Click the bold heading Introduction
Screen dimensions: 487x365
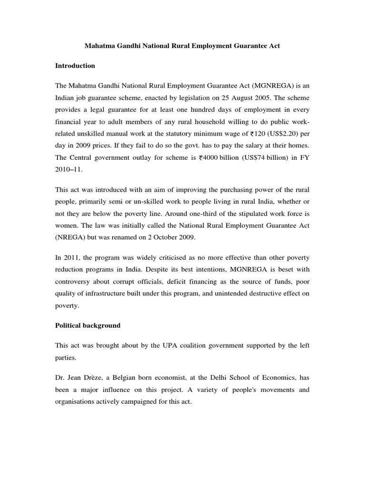(x=75, y=66)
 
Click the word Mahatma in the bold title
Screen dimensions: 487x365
(x=101, y=47)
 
